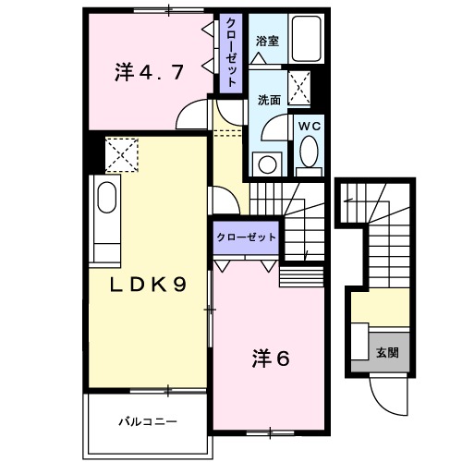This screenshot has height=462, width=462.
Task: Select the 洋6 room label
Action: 271,358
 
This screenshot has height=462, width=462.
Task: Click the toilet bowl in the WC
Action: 308,153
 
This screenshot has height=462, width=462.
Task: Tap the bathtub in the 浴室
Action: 304,39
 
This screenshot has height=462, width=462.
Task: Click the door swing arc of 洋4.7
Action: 191,115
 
